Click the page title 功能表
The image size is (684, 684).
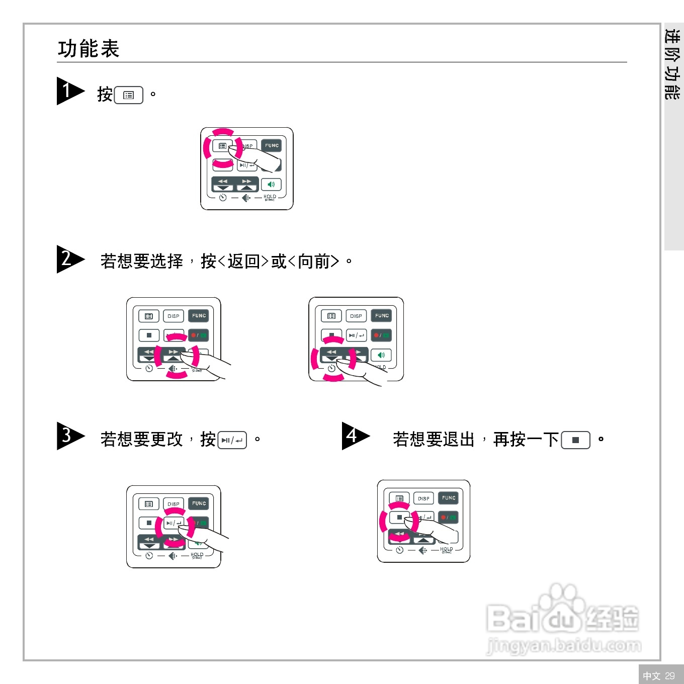[89, 49]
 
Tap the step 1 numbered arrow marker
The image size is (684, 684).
[69, 91]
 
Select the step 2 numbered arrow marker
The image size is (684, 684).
[69, 259]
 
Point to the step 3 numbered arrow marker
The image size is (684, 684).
[69, 436]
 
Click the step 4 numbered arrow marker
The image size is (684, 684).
[354, 436]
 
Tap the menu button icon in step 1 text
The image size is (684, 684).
[129, 95]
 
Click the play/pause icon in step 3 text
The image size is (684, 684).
[232, 440]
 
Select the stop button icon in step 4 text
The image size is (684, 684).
[575, 440]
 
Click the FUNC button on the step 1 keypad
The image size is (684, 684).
[272, 146]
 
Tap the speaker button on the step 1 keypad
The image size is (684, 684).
[271, 185]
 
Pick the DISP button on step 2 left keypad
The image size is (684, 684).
[174, 316]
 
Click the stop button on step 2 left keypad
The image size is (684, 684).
[149, 335]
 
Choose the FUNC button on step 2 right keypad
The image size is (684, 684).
[382, 316]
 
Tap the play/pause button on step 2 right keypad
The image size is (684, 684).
[357, 335]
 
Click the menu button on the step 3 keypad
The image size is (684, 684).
[149, 503]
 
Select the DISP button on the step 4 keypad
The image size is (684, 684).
[424, 498]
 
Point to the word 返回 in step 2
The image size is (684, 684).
[243, 262]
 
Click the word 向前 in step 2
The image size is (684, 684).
[314, 262]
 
